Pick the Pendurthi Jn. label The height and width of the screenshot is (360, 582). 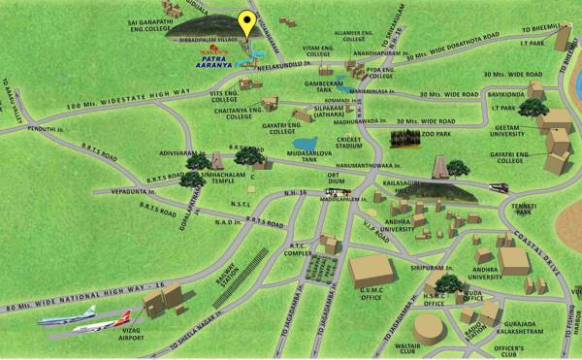46,127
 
